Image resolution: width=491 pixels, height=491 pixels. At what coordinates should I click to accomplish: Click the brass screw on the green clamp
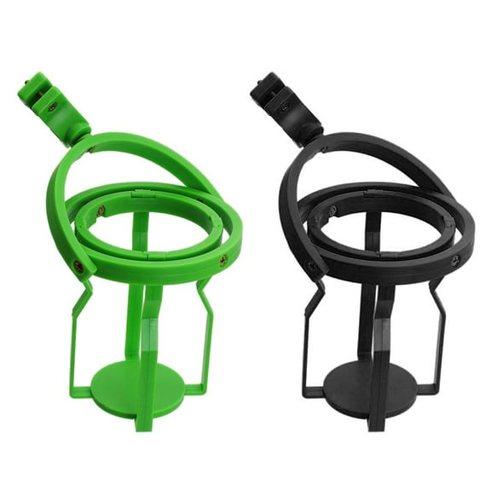coord(54,107)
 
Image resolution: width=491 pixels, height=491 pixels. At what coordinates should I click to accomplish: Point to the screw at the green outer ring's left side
coord(78,267)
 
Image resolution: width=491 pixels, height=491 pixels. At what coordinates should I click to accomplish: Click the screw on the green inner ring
coord(101,211)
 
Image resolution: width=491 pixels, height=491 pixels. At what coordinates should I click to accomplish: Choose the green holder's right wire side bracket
coord(205,337)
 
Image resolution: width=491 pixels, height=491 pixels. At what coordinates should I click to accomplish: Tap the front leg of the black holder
coord(378,358)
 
